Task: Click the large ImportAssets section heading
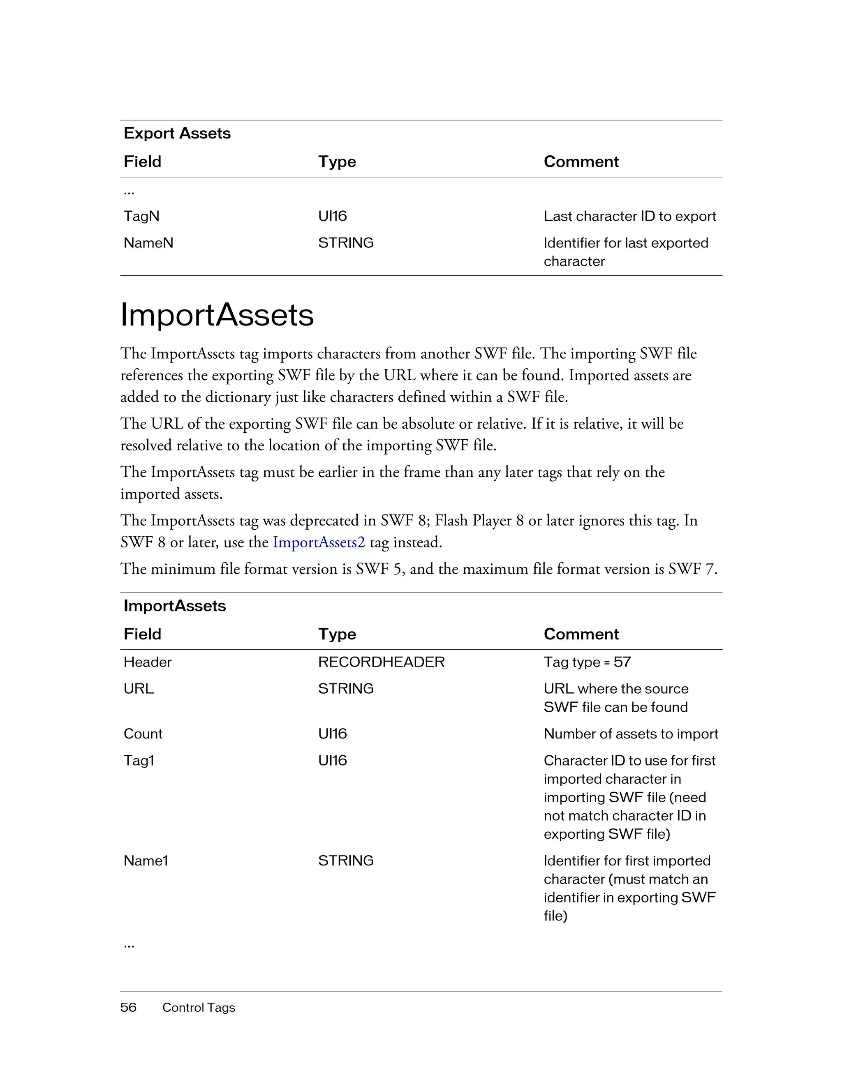[217, 315]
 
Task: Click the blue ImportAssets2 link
[319, 542]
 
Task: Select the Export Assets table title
[177, 133]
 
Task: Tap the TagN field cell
[141, 216]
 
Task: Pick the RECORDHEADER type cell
[381, 662]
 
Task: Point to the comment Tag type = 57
[587, 662]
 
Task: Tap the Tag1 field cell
[139, 761]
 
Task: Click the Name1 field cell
[146, 861]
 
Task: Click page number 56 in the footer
[128, 1007]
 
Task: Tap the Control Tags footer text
[198, 1008]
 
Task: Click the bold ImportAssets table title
[174, 606]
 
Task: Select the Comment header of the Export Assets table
[581, 161]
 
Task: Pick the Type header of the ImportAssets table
[337, 634]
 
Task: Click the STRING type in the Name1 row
[345, 861]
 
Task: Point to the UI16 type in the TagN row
[332, 216]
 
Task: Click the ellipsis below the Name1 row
[129, 946]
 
